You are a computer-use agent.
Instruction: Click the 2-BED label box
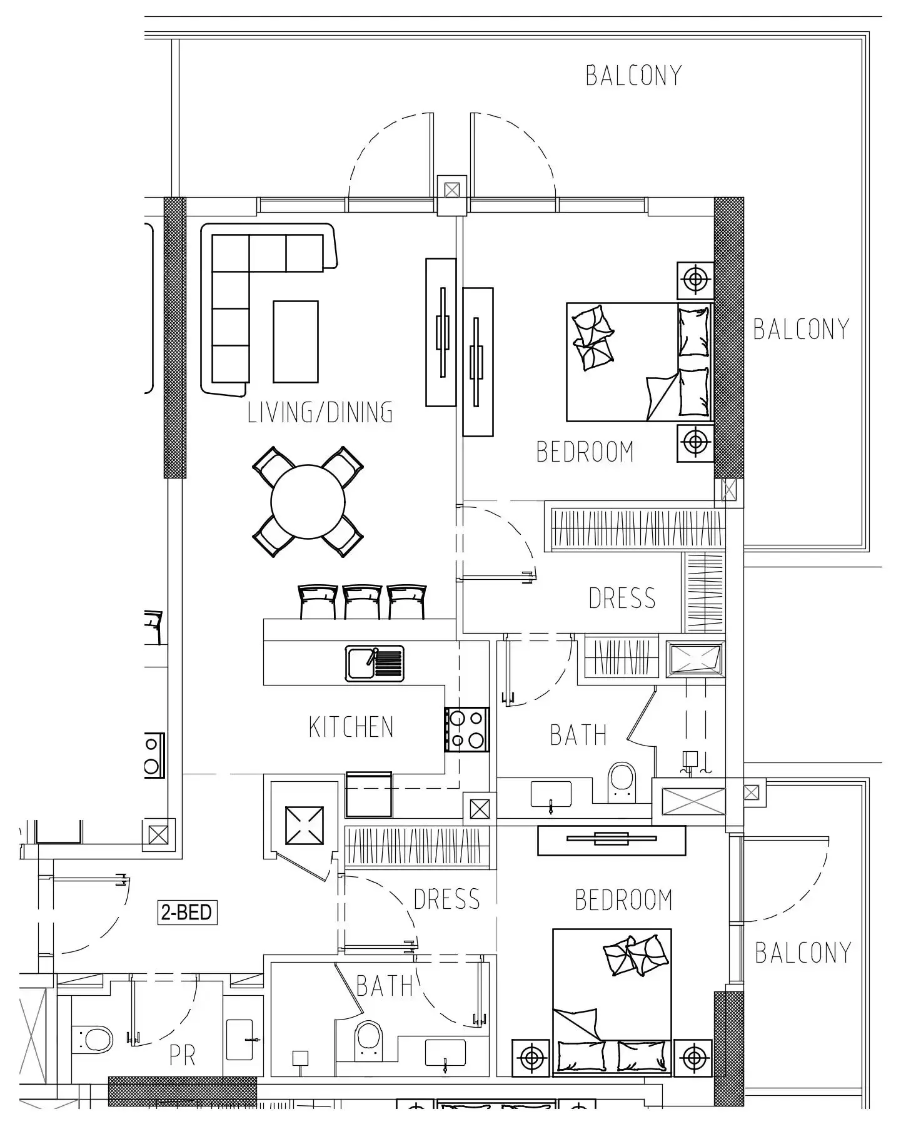tap(187, 913)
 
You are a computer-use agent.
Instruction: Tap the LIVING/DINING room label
tap(320, 412)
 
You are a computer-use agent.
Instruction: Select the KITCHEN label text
tap(351, 727)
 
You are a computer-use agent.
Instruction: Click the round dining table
tap(308, 501)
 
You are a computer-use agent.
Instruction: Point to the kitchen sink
tap(375, 663)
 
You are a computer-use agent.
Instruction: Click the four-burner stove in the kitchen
tap(466, 729)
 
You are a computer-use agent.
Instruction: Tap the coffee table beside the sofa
tap(296, 341)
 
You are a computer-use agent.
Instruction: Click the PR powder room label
tap(183, 1055)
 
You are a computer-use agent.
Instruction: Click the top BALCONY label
tap(633, 76)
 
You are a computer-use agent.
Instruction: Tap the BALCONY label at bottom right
tap(803, 953)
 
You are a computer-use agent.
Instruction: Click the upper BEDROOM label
tap(585, 452)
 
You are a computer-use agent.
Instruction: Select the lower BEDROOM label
tap(623, 900)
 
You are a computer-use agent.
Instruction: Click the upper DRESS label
tap(622, 598)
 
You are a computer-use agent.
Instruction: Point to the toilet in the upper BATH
tap(622, 782)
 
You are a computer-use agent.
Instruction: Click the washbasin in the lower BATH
tap(445, 1053)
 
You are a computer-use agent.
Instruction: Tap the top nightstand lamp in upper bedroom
tap(695, 280)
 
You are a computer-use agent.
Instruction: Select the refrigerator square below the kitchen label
tap(369, 794)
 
